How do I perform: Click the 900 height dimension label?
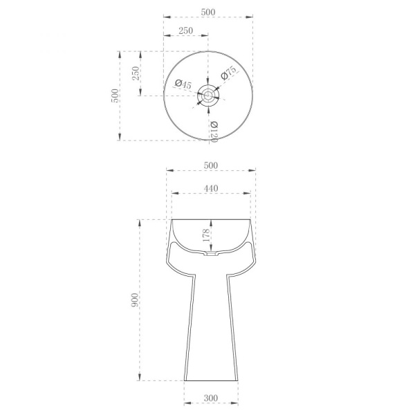coord(134,300)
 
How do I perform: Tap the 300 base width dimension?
coord(211,398)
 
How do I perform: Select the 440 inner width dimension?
coord(211,188)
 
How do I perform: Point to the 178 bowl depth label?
coord(206,234)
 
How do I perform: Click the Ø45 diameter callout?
coord(183,84)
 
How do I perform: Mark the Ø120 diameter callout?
coord(214,131)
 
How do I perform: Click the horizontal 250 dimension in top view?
coord(185,30)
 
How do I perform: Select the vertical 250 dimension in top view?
coord(136,73)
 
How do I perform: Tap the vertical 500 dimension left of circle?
coord(115,95)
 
